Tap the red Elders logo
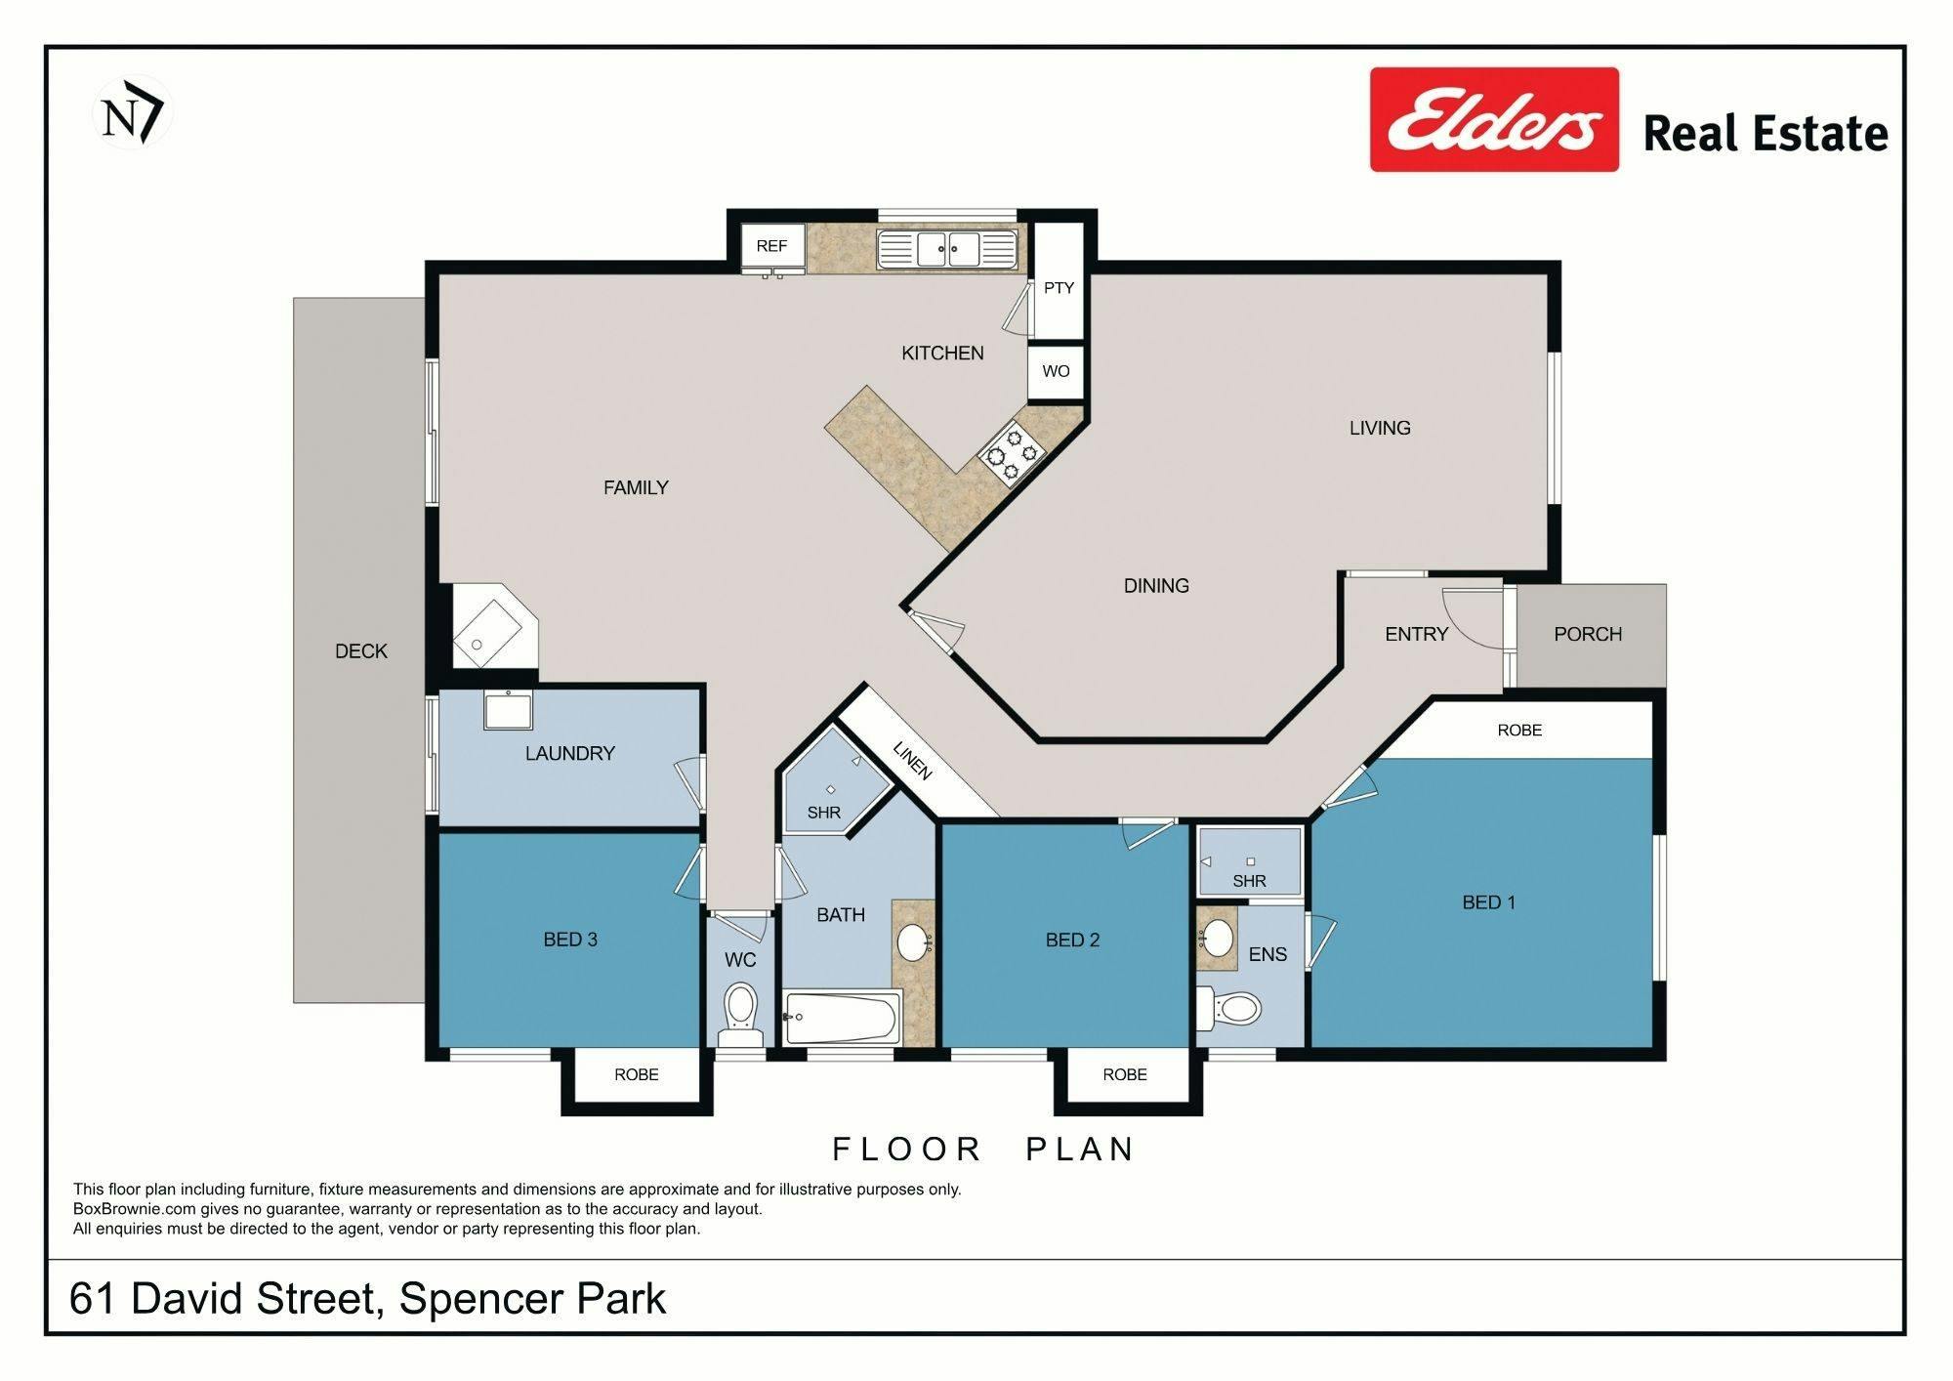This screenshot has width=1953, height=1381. tap(1494, 119)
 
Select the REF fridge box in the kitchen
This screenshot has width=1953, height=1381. tap(771, 246)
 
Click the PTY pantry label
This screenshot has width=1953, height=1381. tap(1059, 288)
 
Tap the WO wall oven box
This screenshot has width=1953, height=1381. tap(1056, 371)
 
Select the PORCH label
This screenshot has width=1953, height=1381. tap(1588, 634)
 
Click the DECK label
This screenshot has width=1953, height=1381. tap(361, 651)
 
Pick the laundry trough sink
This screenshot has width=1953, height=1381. tap(508, 709)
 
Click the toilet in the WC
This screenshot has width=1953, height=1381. tap(740, 1014)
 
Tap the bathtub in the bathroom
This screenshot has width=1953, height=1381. tap(841, 1018)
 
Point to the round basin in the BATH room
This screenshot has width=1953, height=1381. tap(915, 942)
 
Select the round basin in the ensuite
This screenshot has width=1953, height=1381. tap(1217, 940)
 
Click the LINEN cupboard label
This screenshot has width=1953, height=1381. tap(912, 761)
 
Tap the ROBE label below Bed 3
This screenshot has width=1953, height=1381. tap(637, 1074)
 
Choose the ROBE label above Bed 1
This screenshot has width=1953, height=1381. tap(1519, 730)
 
